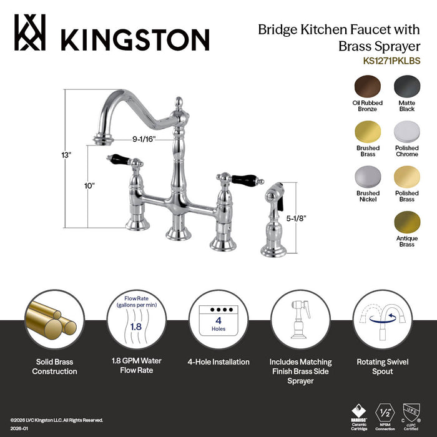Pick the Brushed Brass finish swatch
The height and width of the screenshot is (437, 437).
(x=368, y=133)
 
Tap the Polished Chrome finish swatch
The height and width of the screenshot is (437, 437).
(x=406, y=133)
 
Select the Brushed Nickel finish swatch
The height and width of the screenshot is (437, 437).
(x=368, y=178)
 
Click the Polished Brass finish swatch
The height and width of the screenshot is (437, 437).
(x=406, y=178)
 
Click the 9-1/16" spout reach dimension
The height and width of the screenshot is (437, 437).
(x=144, y=140)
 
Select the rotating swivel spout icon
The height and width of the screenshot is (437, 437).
(x=383, y=318)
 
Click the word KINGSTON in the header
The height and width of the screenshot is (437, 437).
(x=134, y=39)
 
